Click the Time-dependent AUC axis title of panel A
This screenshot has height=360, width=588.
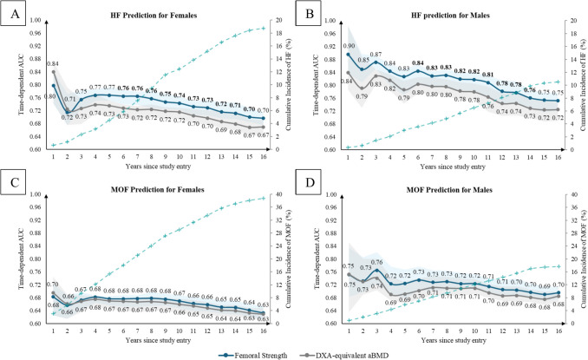10,84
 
